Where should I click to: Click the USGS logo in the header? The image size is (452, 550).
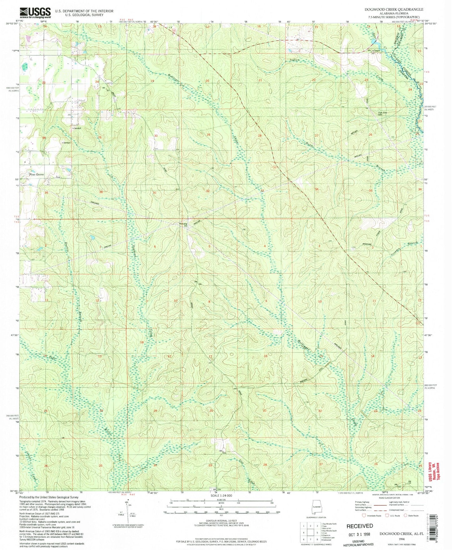(35, 12)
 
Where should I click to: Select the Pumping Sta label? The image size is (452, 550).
(183, 225)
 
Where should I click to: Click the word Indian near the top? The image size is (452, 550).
(294, 60)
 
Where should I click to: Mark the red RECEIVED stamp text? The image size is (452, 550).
(359, 526)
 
